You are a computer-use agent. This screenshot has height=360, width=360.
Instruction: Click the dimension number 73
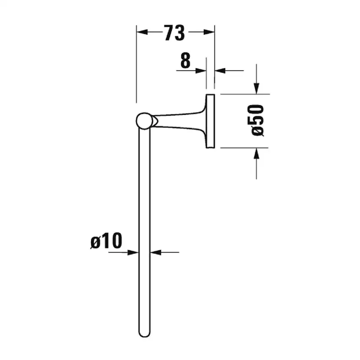pos(175,33)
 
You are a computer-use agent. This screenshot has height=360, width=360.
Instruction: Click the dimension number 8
pos(186,61)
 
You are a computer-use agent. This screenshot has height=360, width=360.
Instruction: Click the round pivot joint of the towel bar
pos(143,121)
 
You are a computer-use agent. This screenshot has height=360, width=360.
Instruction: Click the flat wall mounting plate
pos(210,121)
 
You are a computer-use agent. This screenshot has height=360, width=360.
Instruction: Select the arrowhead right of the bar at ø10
pos(154,252)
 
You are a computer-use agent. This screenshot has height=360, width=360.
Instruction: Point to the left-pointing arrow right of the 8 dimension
pos(220,71)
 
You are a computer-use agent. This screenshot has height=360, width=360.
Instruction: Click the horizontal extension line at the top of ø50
pos(243,94)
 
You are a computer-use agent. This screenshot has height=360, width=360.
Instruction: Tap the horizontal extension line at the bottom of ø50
pos(243,148)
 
